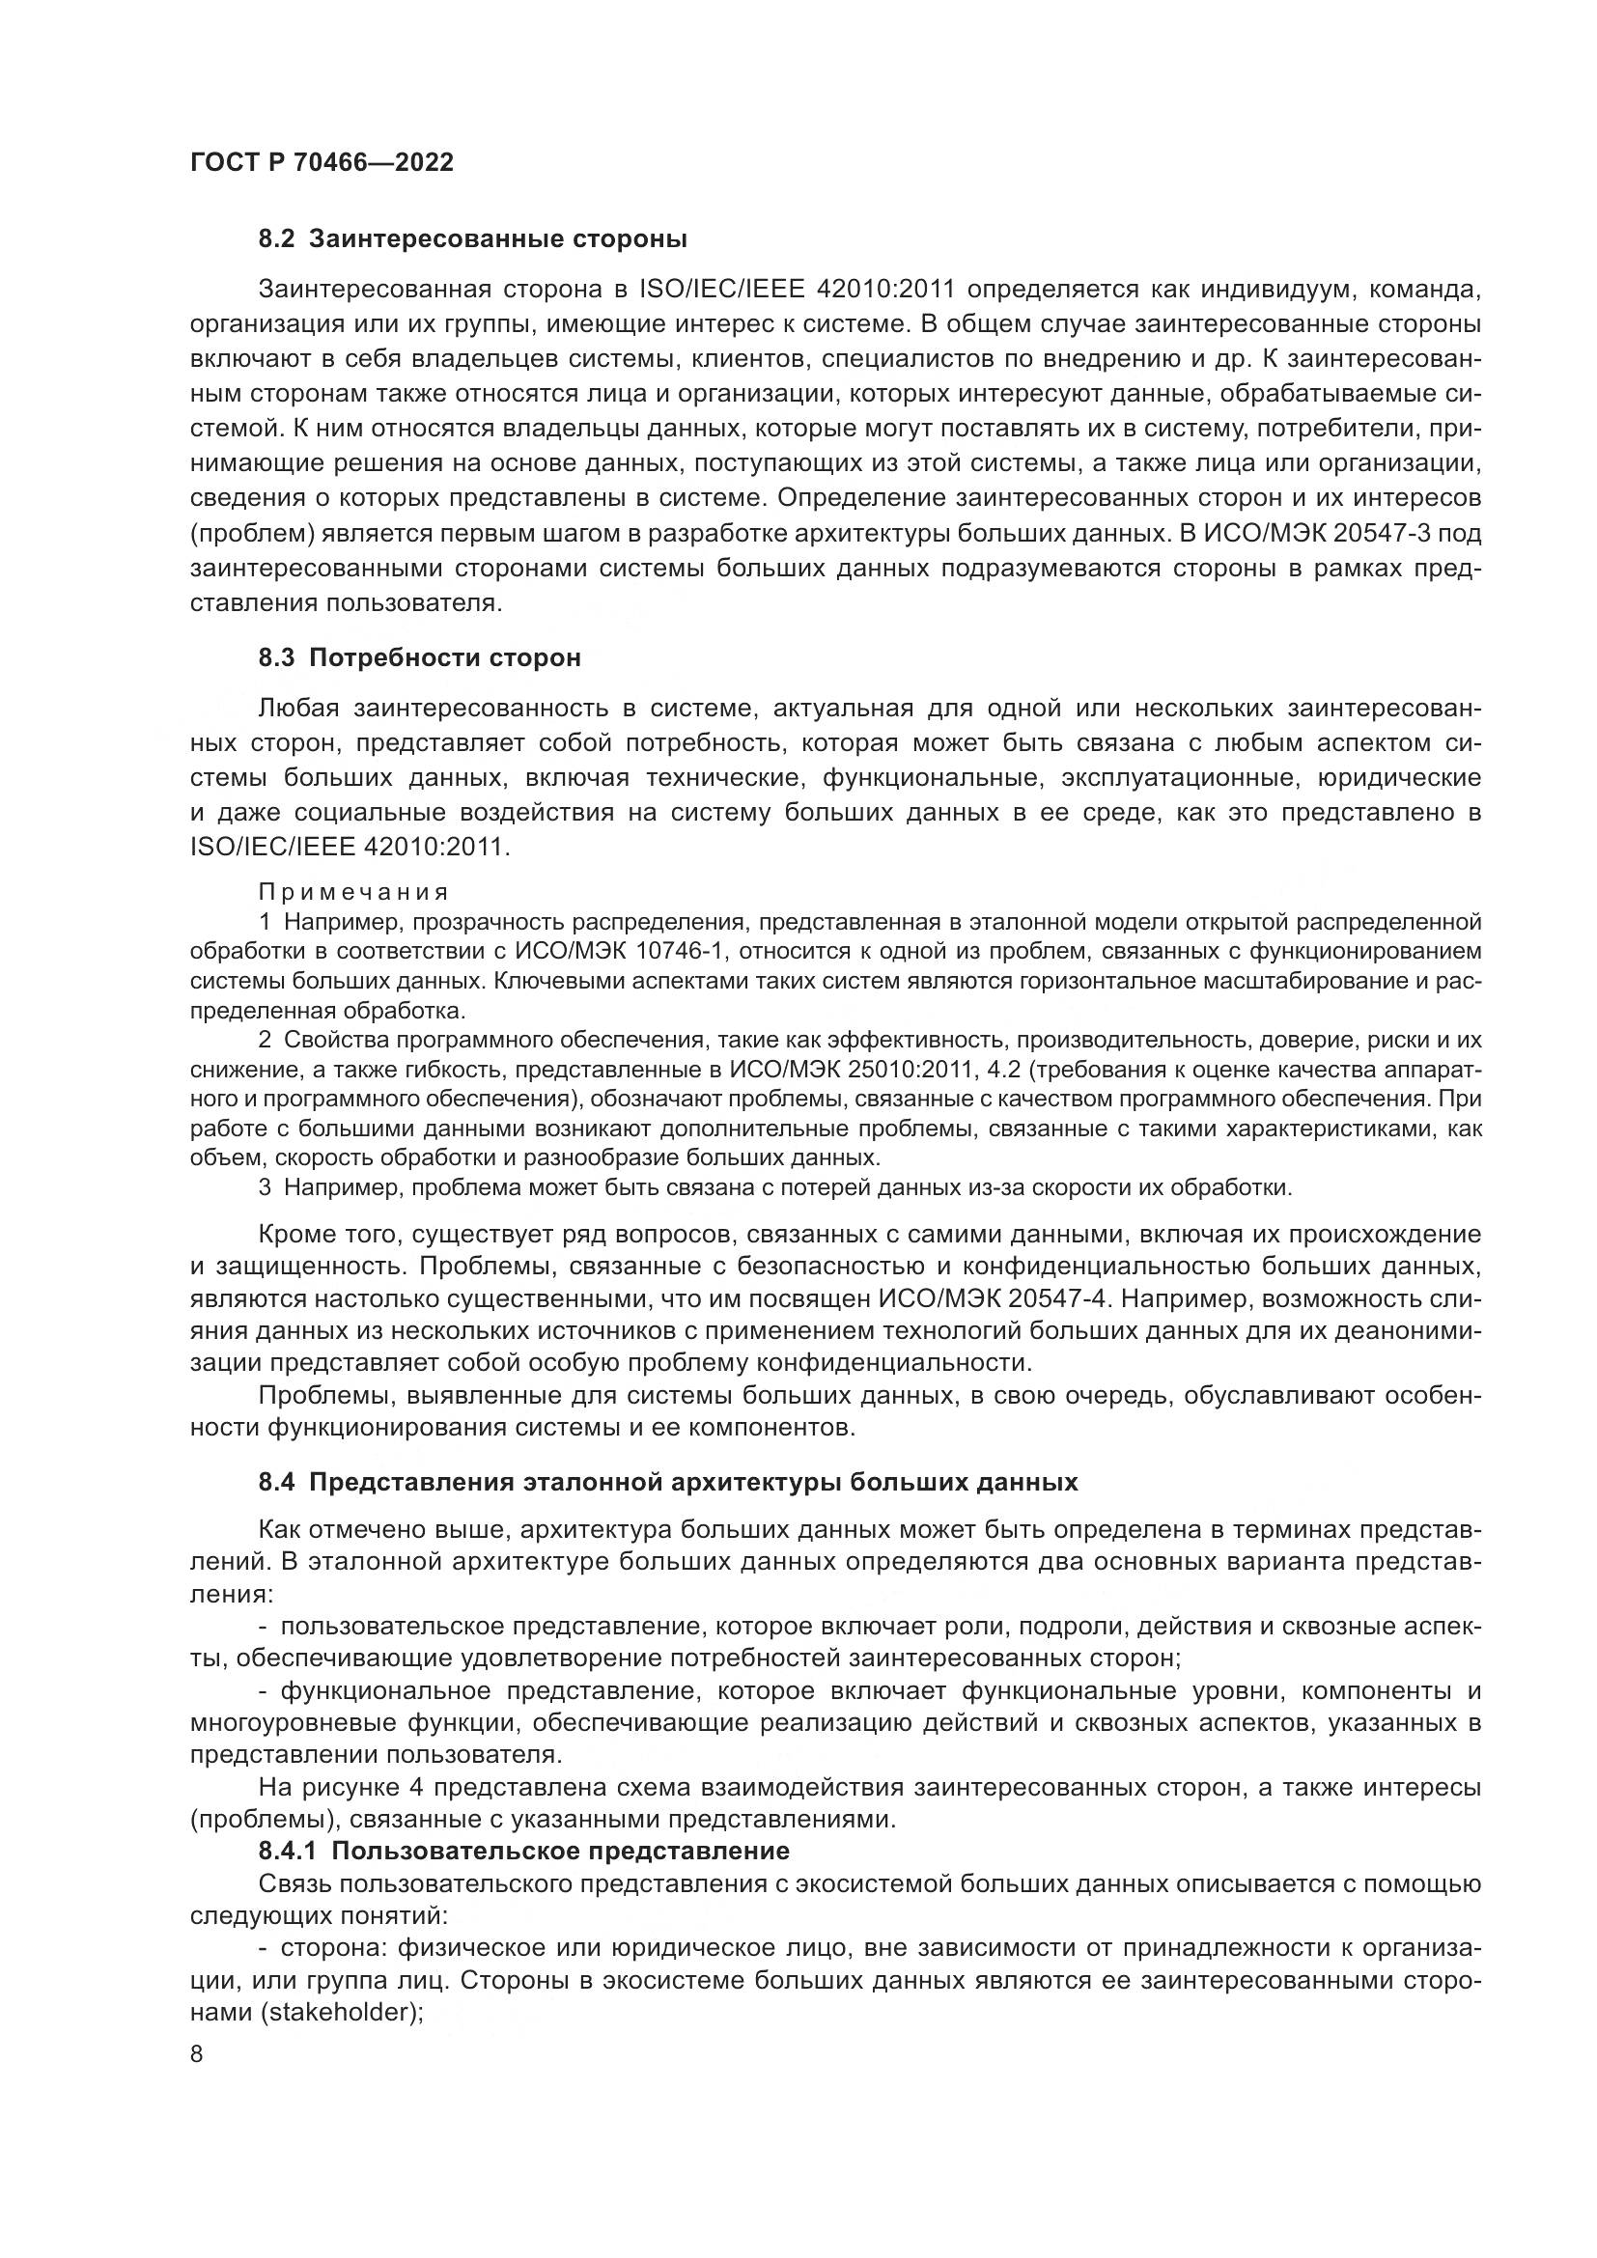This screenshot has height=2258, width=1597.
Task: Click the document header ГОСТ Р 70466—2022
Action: tap(322, 163)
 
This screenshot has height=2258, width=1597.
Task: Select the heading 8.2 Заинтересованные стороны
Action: tap(472, 239)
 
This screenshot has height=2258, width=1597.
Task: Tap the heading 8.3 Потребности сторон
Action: tap(420, 658)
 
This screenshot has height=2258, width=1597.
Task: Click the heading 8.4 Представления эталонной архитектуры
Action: tap(668, 1482)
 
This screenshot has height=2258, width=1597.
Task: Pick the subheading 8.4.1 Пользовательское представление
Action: tap(524, 1851)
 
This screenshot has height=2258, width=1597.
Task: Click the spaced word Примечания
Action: tap(354, 892)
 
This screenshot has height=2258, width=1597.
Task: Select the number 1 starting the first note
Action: tap(265, 922)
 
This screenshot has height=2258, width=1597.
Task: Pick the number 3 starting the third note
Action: tap(265, 1187)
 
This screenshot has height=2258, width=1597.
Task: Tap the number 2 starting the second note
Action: tap(265, 1040)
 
